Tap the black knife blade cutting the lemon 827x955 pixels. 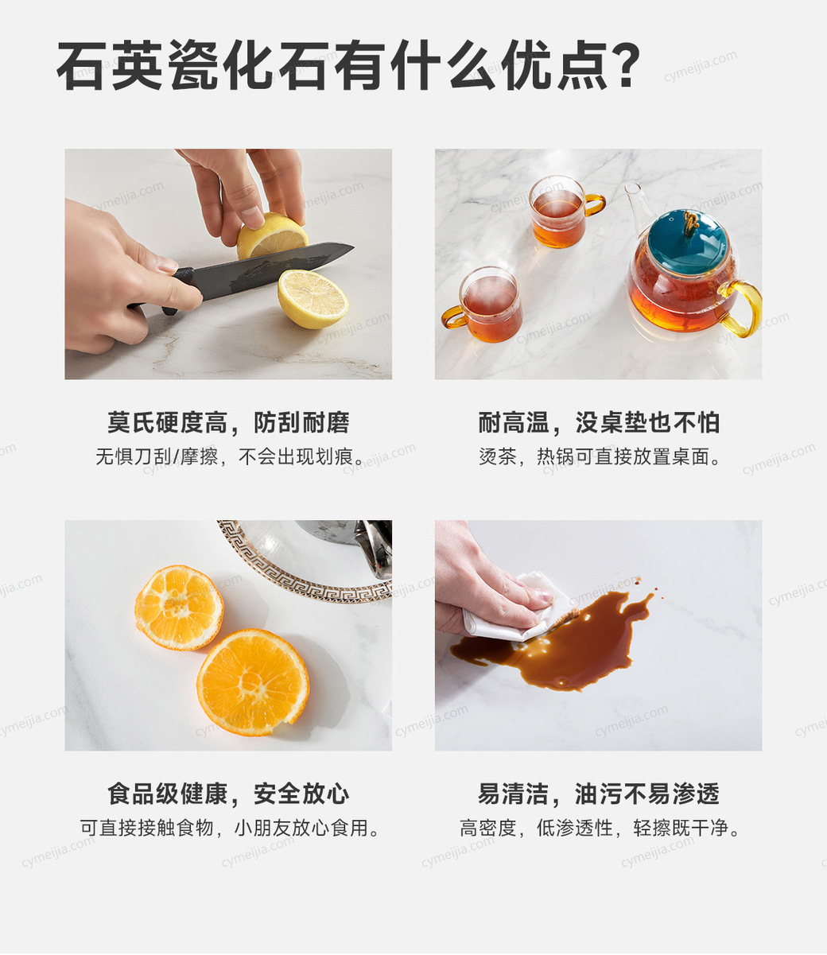coord(273,270)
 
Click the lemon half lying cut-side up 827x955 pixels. coord(313,299)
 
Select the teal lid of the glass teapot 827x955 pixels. coord(687,242)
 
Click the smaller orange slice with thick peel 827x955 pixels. coord(179,607)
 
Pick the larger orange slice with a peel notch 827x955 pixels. coord(253,681)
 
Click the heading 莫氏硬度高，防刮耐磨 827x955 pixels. coord(228,422)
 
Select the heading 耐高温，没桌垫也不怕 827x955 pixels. coord(599,422)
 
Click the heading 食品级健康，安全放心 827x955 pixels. coord(228,794)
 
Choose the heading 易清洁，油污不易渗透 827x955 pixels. coord(599,794)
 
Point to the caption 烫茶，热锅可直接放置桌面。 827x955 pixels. coord(600,457)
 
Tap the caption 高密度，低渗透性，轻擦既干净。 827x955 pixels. coord(600,828)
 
